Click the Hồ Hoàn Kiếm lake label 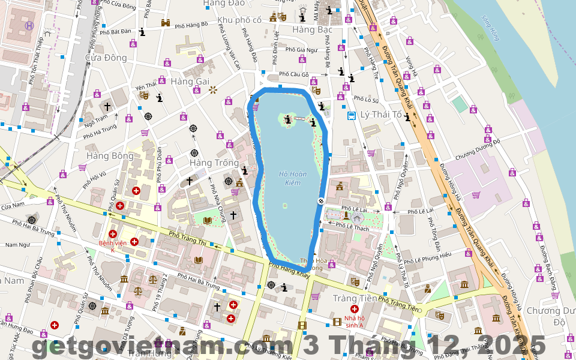pyautogui.click(x=292, y=178)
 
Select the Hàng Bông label pyautogui.click(x=110, y=156)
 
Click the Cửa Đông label pyautogui.click(x=106, y=58)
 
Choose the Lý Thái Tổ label pyautogui.click(x=381, y=114)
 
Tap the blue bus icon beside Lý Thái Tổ pyautogui.click(x=352, y=115)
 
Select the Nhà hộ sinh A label pyautogui.click(x=355, y=322)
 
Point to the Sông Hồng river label pyautogui.click(x=490, y=29)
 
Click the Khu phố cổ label pyautogui.click(x=239, y=20)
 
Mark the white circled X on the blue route pyautogui.click(x=321, y=200)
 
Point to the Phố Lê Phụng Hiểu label pyautogui.click(x=427, y=255)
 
